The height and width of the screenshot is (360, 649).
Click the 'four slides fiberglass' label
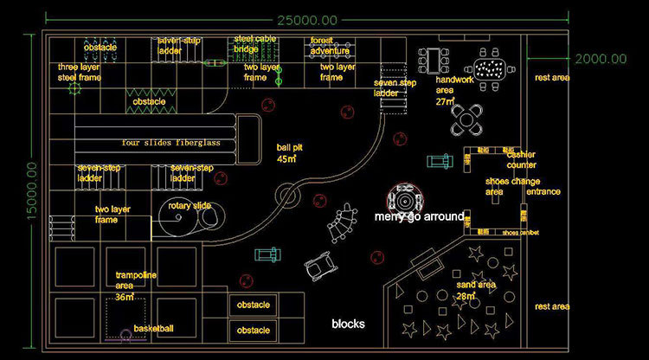tap(170, 142)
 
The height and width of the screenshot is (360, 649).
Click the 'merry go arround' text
tap(419, 216)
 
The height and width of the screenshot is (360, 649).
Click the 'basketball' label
tap(153, 329)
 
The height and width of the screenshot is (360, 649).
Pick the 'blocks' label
tap(348, 325)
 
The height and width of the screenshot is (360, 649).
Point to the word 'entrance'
tap(543, 191)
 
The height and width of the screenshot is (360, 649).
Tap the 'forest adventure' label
tap(330, 45)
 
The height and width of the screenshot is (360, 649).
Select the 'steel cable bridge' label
tap(253, 44)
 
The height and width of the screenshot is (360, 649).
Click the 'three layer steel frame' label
tap(80, 72)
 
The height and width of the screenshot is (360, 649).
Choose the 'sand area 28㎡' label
tap(475, 290)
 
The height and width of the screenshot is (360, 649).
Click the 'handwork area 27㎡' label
tap(454, 90)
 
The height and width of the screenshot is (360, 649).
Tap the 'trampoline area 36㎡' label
tap(136, 286)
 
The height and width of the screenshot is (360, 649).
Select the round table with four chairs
tap(468, 119)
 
